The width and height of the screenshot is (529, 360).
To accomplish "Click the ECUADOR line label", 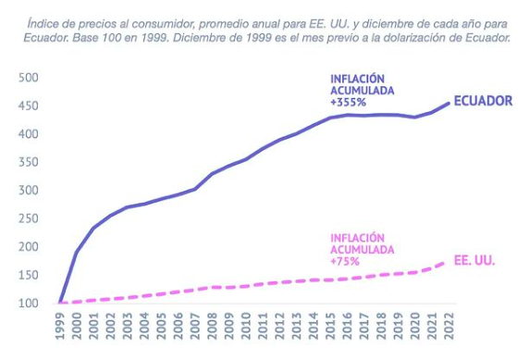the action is click(483, 101).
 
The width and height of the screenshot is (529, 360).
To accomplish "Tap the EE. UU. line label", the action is click(474, 260).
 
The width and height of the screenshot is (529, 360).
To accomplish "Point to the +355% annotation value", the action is click(348, 103).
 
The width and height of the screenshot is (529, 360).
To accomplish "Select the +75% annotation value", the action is click(345, 261).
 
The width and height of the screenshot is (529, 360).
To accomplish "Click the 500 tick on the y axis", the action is click(29, 78).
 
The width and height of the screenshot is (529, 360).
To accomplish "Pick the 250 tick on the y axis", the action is click(29, 218).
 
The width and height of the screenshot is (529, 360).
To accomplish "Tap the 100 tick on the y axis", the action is click(29, 303).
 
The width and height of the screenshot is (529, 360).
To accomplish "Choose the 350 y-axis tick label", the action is click(29, 162).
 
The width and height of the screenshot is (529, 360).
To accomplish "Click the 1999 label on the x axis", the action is click(60, 326).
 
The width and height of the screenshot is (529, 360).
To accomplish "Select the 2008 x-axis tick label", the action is click(212, 326).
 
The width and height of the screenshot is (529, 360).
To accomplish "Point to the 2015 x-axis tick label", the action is click(330, 326).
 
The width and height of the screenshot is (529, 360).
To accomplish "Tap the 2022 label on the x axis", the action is click(449, 326).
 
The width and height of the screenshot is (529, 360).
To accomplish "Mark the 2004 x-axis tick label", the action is click(144, 326).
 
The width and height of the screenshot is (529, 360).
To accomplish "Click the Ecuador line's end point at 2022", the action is click(449, 104).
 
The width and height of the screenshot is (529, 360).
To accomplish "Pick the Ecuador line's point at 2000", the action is click(77, 252).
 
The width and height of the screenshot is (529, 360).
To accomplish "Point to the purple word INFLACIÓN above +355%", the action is click(357, 79).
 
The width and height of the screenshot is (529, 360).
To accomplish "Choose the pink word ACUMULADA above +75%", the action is click(363, 250).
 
